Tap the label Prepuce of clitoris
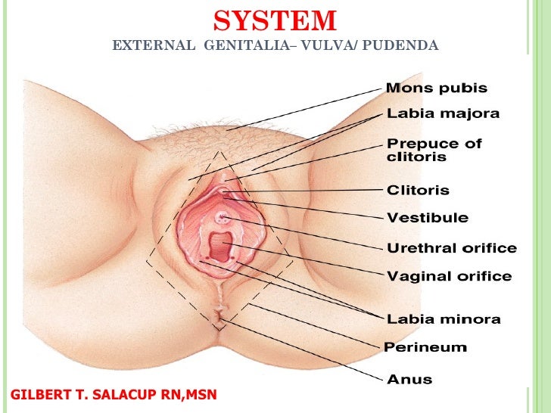click(x=434, y=150)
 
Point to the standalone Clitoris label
click(x=418, y=191)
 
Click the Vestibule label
click(x=428, y=218)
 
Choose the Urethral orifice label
click(x=452, y=248)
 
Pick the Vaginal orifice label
click(x=450, y=276)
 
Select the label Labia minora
click(x=444, y=319)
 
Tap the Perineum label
click(x=425, y=348)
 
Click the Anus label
click(x=409, y=378)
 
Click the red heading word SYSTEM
click(x=275, y=20)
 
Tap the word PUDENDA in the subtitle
click(x=400, y=46)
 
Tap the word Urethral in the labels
click(x=419, y=248)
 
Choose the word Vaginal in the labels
click(x=417, y=276)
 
